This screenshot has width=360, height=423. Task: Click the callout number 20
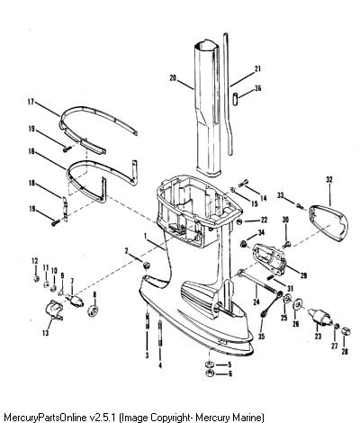coord(173,78)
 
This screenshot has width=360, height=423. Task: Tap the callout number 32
coord(329,180)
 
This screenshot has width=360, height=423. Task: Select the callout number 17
coord(31,102)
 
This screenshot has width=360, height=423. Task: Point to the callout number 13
coord(46,333)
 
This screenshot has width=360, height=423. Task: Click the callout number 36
coord(257,88)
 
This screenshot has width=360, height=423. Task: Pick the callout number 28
coord(345,351)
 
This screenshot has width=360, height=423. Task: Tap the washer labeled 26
coord(298,304)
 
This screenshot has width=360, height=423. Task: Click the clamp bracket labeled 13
coord(54,309)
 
